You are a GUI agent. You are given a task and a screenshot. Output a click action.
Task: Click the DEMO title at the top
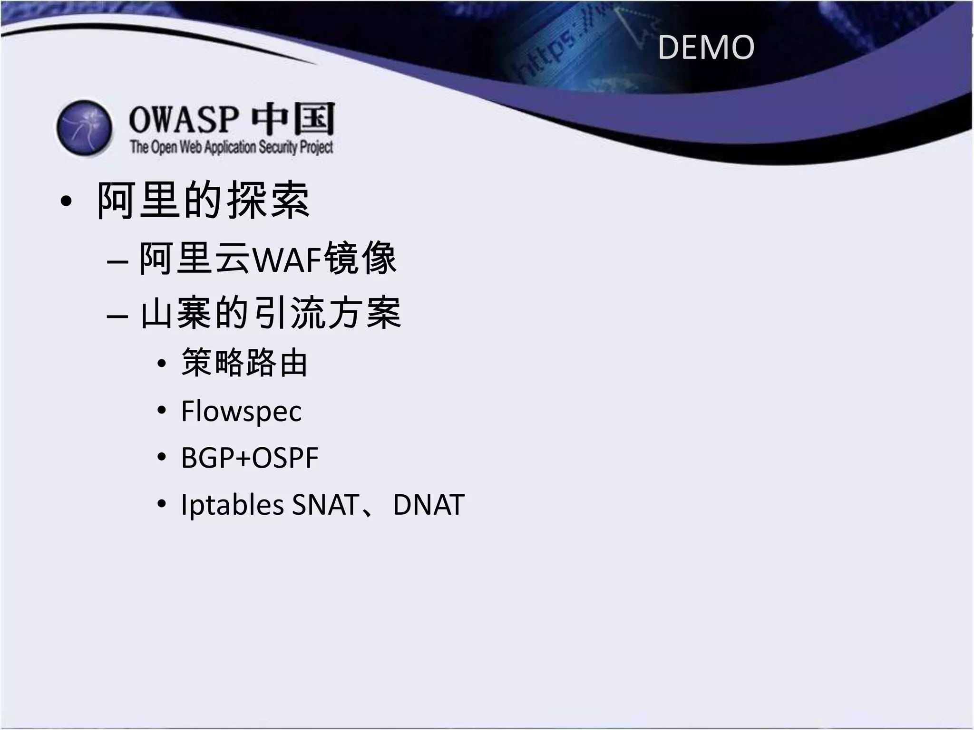[706, 48]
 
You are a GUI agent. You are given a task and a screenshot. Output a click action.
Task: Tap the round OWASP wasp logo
[85, 128]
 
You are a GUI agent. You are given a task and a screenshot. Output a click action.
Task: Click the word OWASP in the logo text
[184, 120]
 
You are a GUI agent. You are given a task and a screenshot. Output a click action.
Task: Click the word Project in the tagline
[316, 147]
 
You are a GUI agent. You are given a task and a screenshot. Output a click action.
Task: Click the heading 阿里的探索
[204, 201]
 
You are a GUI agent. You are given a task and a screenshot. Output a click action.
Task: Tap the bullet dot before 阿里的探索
[67, 202]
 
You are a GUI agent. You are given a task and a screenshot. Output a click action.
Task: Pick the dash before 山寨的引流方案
[117, 316]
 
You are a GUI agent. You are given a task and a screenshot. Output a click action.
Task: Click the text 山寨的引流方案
[271, 313]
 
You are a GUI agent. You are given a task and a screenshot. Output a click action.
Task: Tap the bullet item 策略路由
[244, 363]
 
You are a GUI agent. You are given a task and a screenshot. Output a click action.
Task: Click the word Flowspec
[241, 411]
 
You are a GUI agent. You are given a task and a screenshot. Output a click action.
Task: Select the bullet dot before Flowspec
[162, 410]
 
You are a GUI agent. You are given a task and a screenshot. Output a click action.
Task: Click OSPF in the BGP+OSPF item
[285, 458]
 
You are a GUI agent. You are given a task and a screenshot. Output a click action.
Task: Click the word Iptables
[233, 505]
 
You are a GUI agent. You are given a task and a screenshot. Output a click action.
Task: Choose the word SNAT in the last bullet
[325, 505]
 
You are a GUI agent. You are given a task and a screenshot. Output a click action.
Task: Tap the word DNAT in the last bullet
[429, 505]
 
